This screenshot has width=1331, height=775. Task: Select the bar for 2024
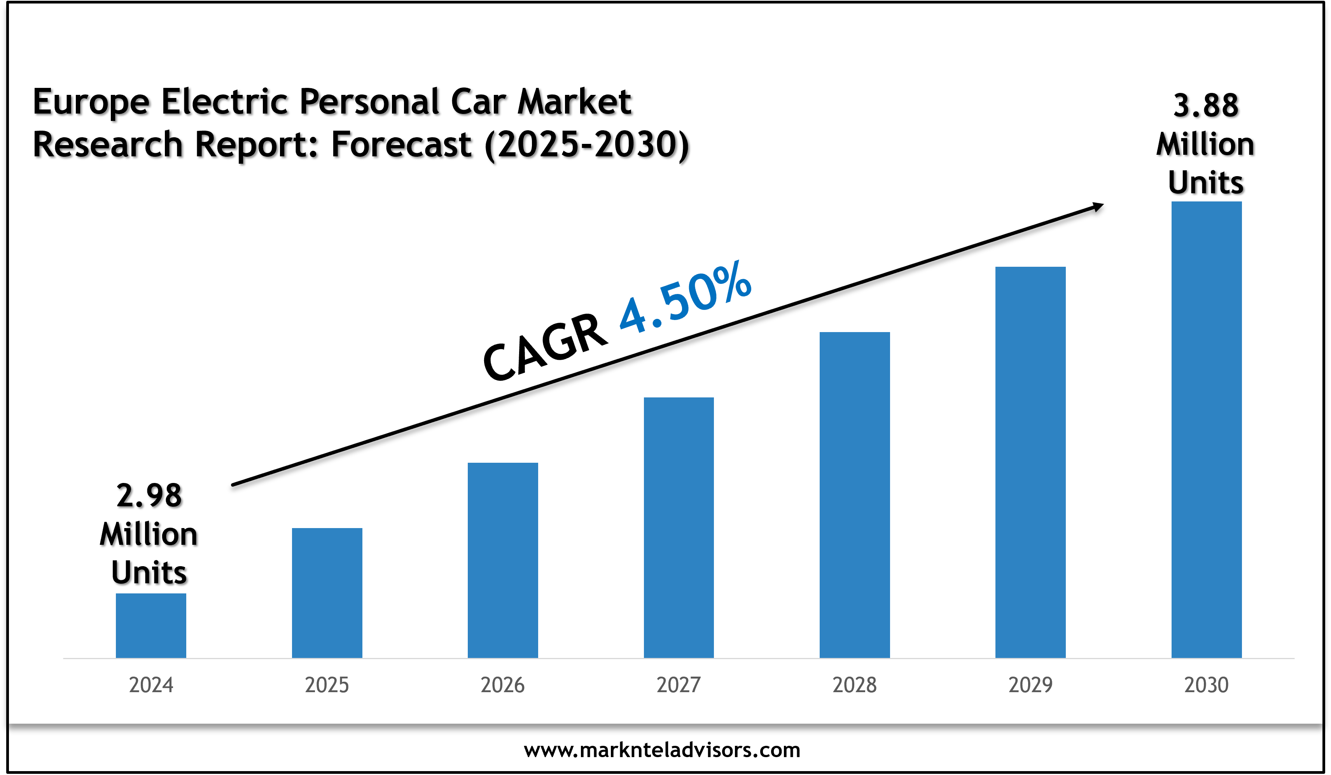point(150,626)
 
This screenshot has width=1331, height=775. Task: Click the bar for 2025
point(327,593)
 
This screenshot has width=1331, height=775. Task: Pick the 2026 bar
point(503,560)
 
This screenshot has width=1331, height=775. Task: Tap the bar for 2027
point(679,527)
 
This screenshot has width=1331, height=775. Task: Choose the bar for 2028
point(855,495)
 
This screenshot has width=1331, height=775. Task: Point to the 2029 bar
point(1030,462)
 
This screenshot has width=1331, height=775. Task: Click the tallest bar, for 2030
point(1206,430)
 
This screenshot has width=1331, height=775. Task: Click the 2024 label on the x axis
point(151,685)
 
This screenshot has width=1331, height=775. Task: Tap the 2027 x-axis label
point(679,685)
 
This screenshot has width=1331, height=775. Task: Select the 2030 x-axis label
point(1206,685)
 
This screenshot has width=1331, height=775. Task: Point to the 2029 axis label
point(1030,685)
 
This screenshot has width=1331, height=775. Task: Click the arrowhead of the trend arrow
point(1098,206)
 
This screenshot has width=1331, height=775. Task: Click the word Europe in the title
point(91,102)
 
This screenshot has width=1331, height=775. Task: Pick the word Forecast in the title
point(401,144)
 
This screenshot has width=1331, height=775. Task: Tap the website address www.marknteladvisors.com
point(662,750)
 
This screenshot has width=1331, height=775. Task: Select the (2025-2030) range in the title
point(587,144)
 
